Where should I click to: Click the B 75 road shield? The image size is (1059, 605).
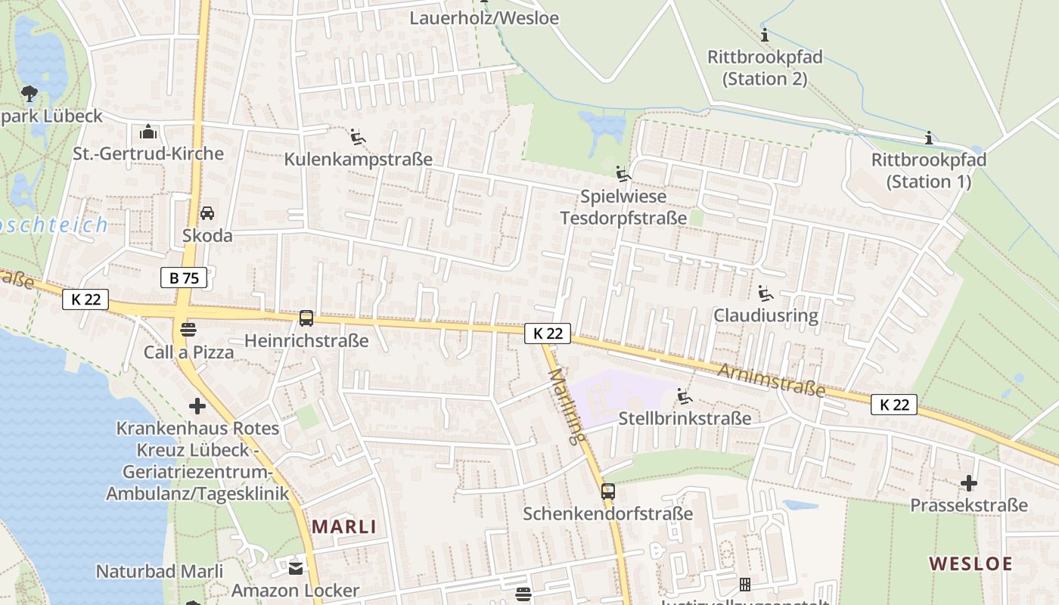coord(184,278)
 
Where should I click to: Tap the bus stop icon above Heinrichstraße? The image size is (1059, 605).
coord(306,318)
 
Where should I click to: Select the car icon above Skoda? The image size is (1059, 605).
coord(207,213)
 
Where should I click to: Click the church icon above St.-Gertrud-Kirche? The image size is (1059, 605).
coord(148,132)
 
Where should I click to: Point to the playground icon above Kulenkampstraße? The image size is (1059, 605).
coord(358,137)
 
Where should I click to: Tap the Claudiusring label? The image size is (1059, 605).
coord(766,315)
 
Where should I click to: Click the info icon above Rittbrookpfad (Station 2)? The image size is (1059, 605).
coord(765,35)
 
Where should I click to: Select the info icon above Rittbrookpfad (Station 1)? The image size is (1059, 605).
coord(929,138)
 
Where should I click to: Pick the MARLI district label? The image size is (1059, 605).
coord(344,526)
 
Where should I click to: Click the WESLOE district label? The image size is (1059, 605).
coord(970,563)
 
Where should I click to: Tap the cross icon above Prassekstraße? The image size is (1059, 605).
coord(969,482)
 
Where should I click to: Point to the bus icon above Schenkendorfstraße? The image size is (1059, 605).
coord(608,492)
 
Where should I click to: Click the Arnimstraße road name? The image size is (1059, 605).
coord(771,380)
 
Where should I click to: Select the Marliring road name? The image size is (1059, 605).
coord(568,405)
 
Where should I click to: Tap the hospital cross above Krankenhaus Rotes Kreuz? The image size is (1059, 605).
coord(197,406)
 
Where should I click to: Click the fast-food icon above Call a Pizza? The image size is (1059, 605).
coord(188,330)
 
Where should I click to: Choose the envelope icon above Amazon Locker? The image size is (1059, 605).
coord(295,567)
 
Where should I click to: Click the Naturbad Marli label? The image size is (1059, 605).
coord(160,571)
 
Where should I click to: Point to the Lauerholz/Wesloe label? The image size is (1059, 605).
coord(484,17)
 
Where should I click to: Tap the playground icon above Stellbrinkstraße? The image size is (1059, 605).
coord(685,396)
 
